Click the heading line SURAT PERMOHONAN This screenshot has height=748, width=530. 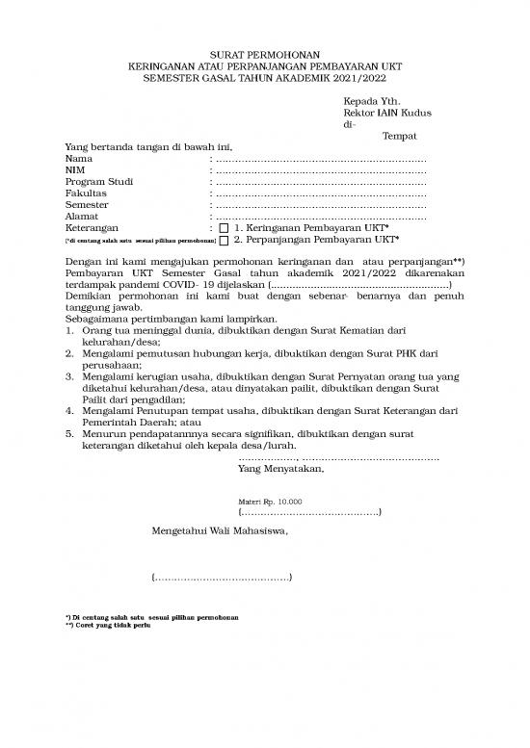pos(265,55)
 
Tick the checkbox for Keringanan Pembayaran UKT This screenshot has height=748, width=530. pos(225,228)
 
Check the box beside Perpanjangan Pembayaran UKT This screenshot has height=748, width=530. pos(225,240)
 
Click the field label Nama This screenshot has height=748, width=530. pos(78,158)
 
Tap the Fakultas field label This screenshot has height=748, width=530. pos(85,193)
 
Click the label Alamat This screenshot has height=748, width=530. pos(81,216)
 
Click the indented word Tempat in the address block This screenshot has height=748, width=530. pos(399,137)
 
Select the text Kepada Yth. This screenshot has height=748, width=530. pos(371,101)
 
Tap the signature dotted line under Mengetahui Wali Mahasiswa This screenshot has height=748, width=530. pos(223,578)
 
